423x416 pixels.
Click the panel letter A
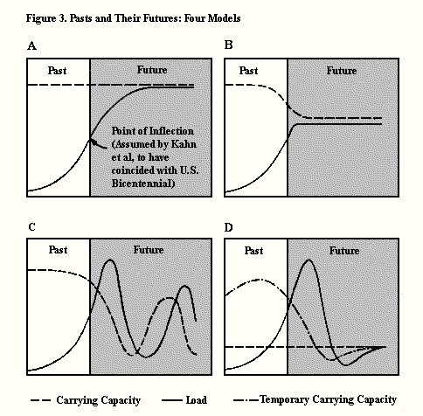coord(31,46)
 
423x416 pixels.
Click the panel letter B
coord(229,45)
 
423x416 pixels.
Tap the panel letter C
coord(32,227)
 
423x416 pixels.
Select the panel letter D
coord(229,227)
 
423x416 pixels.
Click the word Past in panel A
coord(57,71)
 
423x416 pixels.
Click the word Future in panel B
coord(342,71)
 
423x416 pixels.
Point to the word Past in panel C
coord(58,250)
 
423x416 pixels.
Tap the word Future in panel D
coord(344,251)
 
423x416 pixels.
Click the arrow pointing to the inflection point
coord(98,144)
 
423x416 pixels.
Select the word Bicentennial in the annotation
coord(142,184)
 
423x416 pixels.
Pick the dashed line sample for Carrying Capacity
coord(41,400)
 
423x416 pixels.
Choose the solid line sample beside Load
coord(172,400)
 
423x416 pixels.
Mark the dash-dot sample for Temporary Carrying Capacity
coord(246,400)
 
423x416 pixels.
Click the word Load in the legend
coord(197,400)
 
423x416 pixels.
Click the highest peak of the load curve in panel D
coord(309,260)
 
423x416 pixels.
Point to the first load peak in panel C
coord(110,260)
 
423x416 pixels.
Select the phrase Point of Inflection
coord(153,131)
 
